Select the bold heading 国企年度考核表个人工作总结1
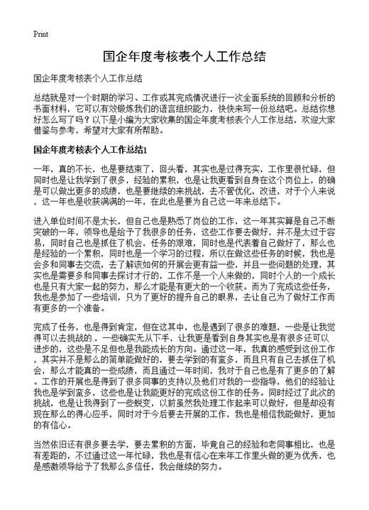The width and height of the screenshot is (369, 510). (x=88, y=151)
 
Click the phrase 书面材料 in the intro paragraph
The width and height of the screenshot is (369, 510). (x=49, y=110)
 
